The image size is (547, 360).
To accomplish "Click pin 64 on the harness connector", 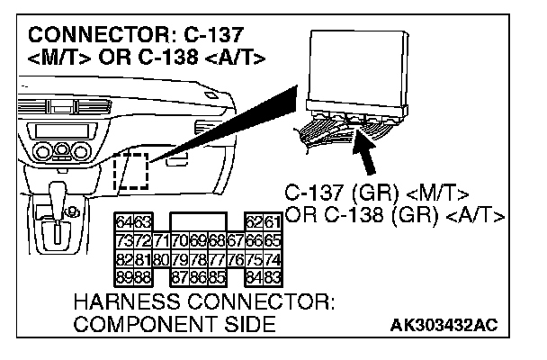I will [123, 220].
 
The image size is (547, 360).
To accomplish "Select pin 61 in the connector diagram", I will [273, 220].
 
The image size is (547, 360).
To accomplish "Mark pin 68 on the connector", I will [216, 241].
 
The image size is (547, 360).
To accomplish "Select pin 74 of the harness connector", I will [273, 260].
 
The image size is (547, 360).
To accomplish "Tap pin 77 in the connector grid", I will [216, 260].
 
